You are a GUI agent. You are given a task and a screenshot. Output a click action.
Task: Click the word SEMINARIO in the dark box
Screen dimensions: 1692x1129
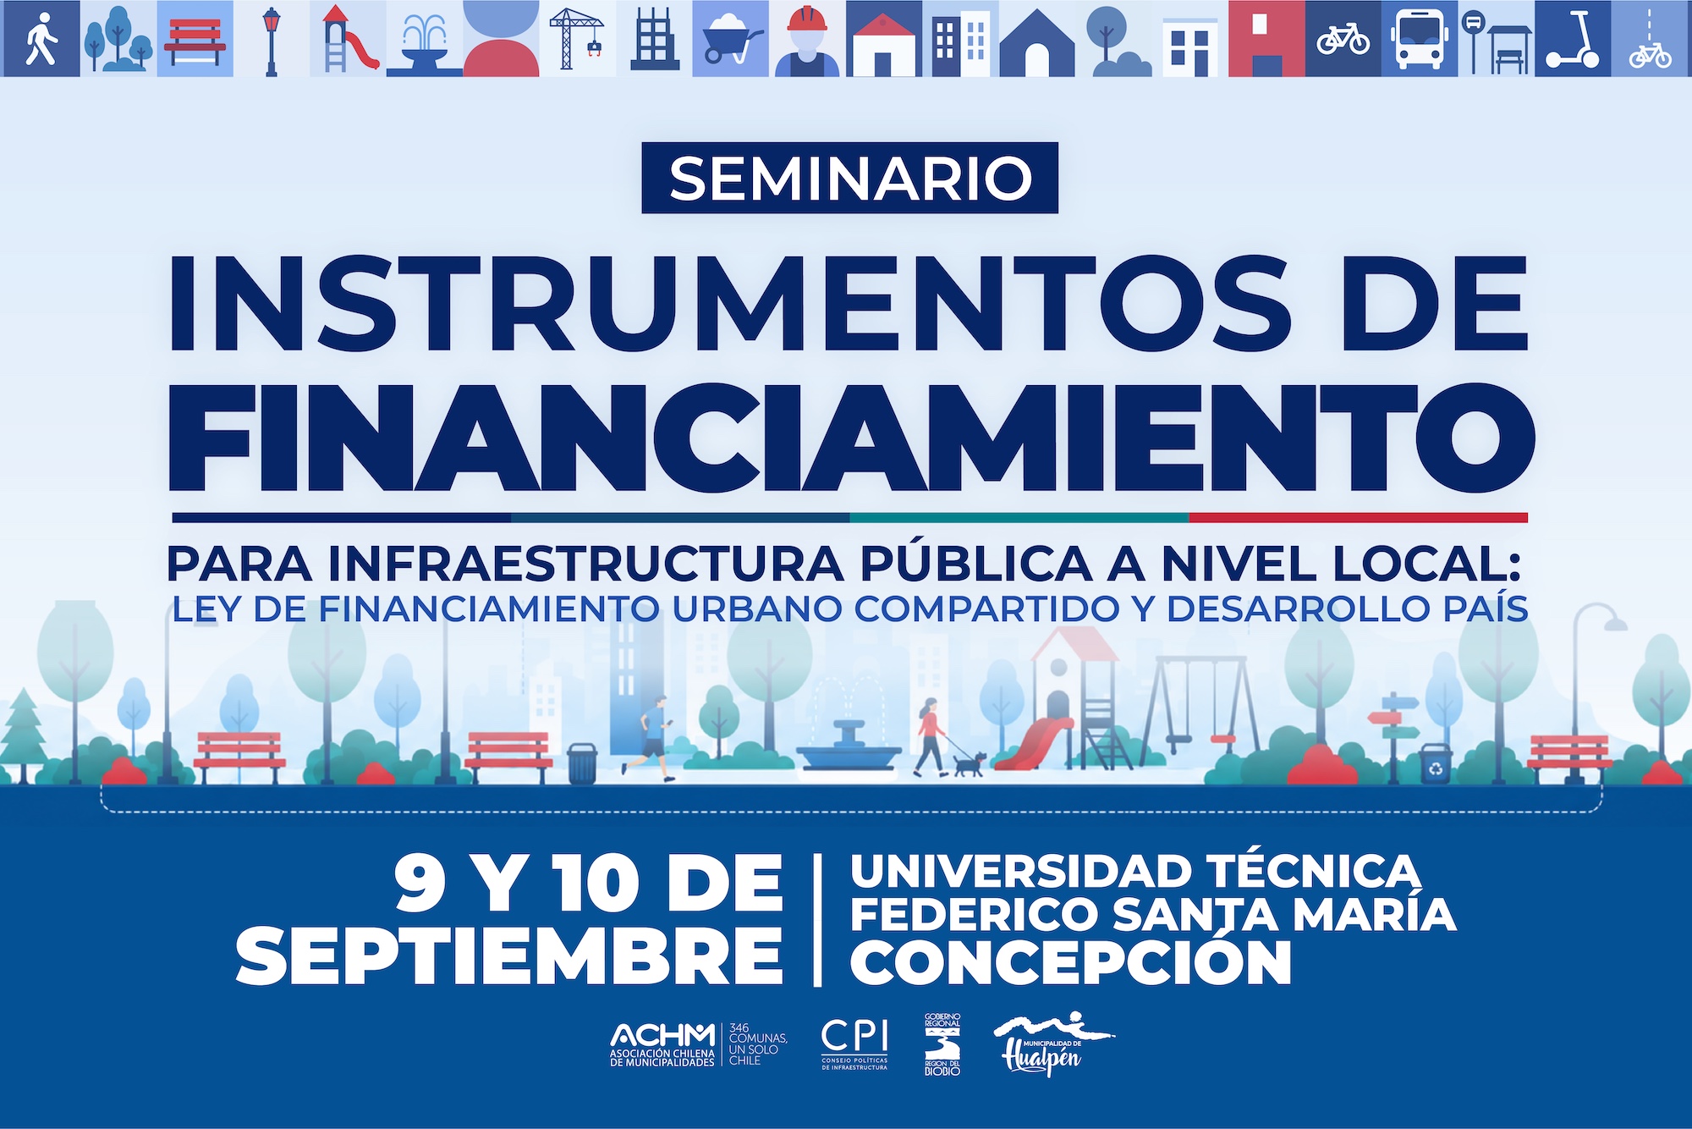850,178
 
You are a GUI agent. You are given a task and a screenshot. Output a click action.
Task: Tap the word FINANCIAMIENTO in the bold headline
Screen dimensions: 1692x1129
852,438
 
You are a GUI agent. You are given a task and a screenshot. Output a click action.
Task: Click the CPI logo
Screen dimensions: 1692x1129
854,1045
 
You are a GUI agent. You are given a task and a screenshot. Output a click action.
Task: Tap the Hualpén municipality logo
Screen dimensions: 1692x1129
1052,1044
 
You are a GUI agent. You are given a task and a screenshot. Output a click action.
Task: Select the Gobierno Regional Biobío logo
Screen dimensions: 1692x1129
942,1044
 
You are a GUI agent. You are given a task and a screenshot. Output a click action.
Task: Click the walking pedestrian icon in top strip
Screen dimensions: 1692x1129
40,39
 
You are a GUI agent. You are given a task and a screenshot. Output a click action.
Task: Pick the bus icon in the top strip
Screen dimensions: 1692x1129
1420,39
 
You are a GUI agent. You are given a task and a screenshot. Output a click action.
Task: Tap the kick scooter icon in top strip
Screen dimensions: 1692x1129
1574,39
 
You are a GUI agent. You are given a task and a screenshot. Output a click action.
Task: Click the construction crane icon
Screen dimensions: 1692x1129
576,37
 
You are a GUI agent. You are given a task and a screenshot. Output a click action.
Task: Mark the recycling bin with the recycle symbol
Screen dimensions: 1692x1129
1436,763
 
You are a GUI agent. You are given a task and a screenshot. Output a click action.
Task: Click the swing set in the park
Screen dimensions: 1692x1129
1201,711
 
